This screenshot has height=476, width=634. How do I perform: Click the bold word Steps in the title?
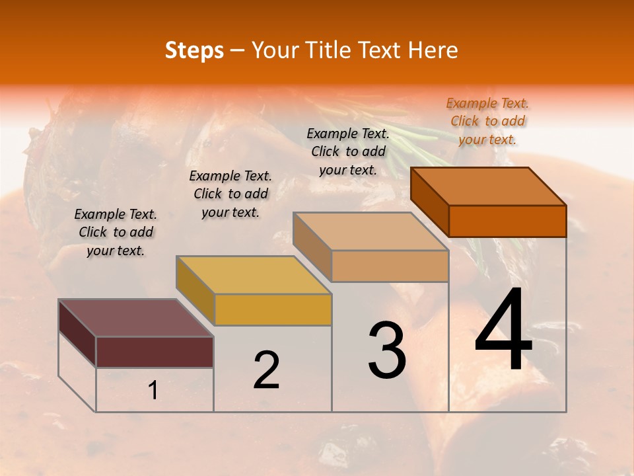(194, 50)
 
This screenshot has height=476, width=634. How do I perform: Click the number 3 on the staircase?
(387, 350)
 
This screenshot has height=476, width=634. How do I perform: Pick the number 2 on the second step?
(266, 371)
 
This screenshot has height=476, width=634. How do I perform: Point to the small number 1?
(153, 391)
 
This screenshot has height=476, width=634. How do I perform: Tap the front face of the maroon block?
(155, 352)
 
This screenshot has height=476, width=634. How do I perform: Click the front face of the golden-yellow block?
(273, 309)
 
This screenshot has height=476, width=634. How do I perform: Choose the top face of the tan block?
(370, 231)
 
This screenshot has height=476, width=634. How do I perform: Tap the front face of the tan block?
(390, 266)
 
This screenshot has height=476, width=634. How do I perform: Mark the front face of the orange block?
(507, 221)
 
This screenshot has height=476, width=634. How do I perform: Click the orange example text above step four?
(487, 122)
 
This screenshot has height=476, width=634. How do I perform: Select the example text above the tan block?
(348, 151)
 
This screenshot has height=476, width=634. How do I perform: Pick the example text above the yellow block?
(230, 194)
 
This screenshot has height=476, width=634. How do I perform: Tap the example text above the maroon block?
(116, 232)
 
